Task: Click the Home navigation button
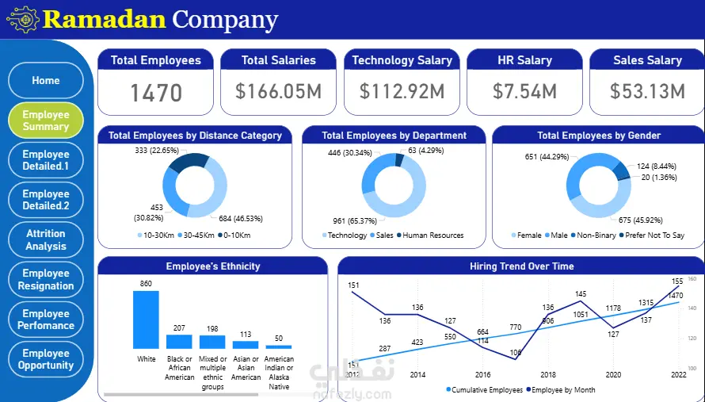click(x=46, y=81)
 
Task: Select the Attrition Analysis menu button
click(x=46, y=239)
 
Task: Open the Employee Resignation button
click(x=46, y=279)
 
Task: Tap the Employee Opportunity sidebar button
click(x=46, y=359)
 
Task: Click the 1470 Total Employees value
click(x=156, y=93)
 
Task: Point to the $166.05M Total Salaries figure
click(x=279, y=91)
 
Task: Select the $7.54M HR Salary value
click(x=524, y=91)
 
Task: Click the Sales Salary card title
click(x=647, y=60)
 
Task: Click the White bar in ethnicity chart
click(x=146, y=320)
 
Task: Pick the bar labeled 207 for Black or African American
click(x=179, y=341)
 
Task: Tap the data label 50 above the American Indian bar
click(x=278, y=339)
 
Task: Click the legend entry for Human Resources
click(x=433, y=235)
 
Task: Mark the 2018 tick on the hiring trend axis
click(x=547, y=375)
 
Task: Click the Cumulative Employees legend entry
click(x=487, y=390)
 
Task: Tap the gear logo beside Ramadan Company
click(x=22, y=19)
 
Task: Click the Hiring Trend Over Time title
click(x=521, y=266)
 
